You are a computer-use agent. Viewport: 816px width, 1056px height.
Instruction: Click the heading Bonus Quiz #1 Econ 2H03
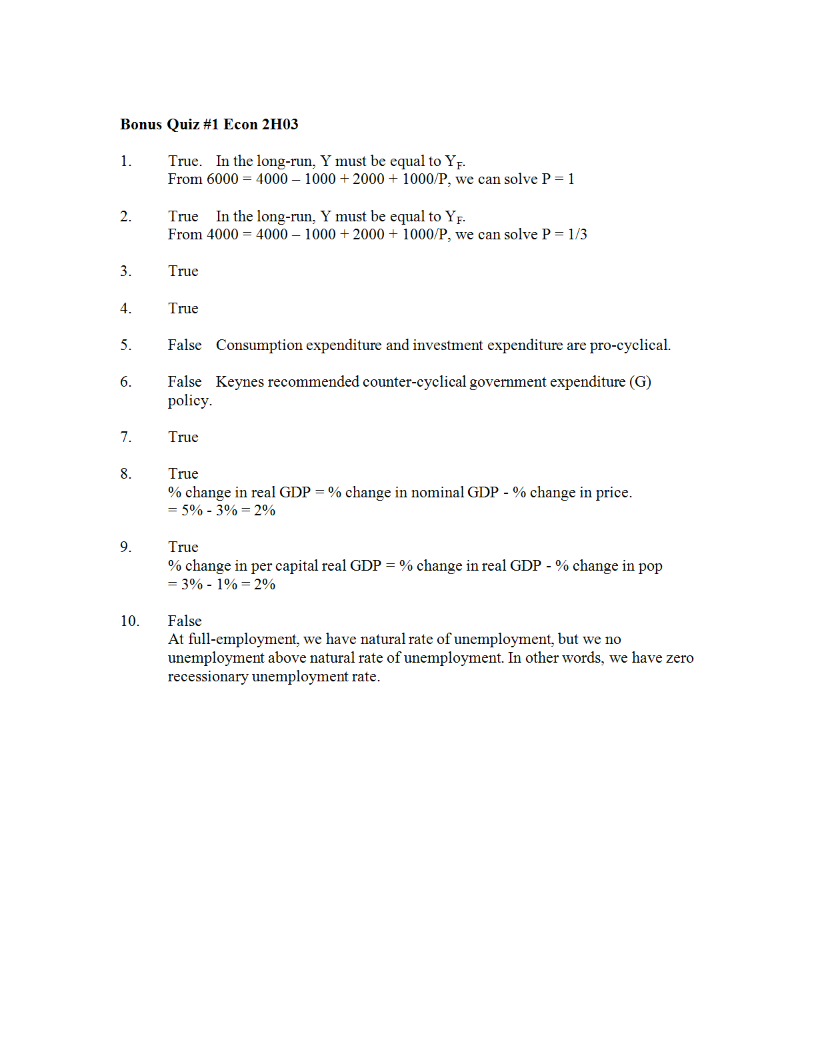coord(209,125)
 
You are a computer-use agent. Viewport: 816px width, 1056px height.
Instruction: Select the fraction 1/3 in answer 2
coord(577,235)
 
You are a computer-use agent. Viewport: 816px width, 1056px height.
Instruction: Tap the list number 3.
coord(125,271)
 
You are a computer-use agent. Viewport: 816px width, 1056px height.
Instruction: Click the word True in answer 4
coord(183,309)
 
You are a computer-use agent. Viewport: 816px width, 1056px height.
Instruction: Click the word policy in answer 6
coord(189,401)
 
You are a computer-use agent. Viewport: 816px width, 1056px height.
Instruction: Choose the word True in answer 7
coord(183,437)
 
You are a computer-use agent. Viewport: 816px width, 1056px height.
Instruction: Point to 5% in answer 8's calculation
coord(192,511)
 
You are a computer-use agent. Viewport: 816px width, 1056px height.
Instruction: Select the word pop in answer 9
coord(650,567)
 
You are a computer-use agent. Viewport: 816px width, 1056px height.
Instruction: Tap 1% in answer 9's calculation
coord(227,585)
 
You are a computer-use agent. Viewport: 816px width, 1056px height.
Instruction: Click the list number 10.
coord(129,621)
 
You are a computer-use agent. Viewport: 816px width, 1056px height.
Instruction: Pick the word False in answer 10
coord(185,621)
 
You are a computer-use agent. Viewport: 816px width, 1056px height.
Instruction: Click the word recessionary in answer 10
coord(207,677)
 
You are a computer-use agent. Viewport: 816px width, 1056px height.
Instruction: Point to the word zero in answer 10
coord(679,658)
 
